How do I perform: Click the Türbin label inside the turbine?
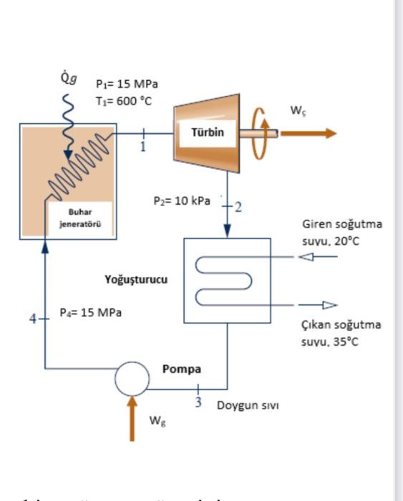207,132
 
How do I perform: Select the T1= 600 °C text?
123,100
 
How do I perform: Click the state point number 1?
142,147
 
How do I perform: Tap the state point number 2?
238,208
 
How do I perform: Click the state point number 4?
32,318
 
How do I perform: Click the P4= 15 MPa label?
90,313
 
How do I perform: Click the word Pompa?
181,369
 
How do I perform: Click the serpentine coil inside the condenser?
225,281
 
